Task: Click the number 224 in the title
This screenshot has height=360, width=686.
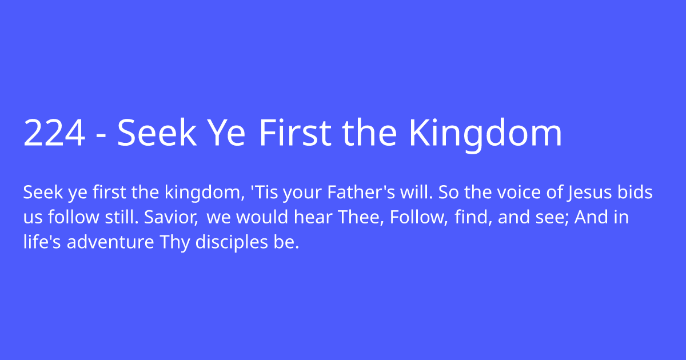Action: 54,133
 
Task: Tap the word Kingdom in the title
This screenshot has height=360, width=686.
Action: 485,135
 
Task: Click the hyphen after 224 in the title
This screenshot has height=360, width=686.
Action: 101,137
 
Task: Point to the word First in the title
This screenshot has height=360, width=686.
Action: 295,133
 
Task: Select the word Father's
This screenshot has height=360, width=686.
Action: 361,192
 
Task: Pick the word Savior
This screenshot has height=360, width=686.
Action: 171,217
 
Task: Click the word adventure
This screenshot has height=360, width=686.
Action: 110,242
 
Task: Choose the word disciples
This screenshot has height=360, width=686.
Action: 232,242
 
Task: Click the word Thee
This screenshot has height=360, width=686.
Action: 361,217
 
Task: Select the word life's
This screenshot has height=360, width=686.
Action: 42,242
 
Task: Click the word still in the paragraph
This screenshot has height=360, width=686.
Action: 122,217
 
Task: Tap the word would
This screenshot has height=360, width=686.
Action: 262,217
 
